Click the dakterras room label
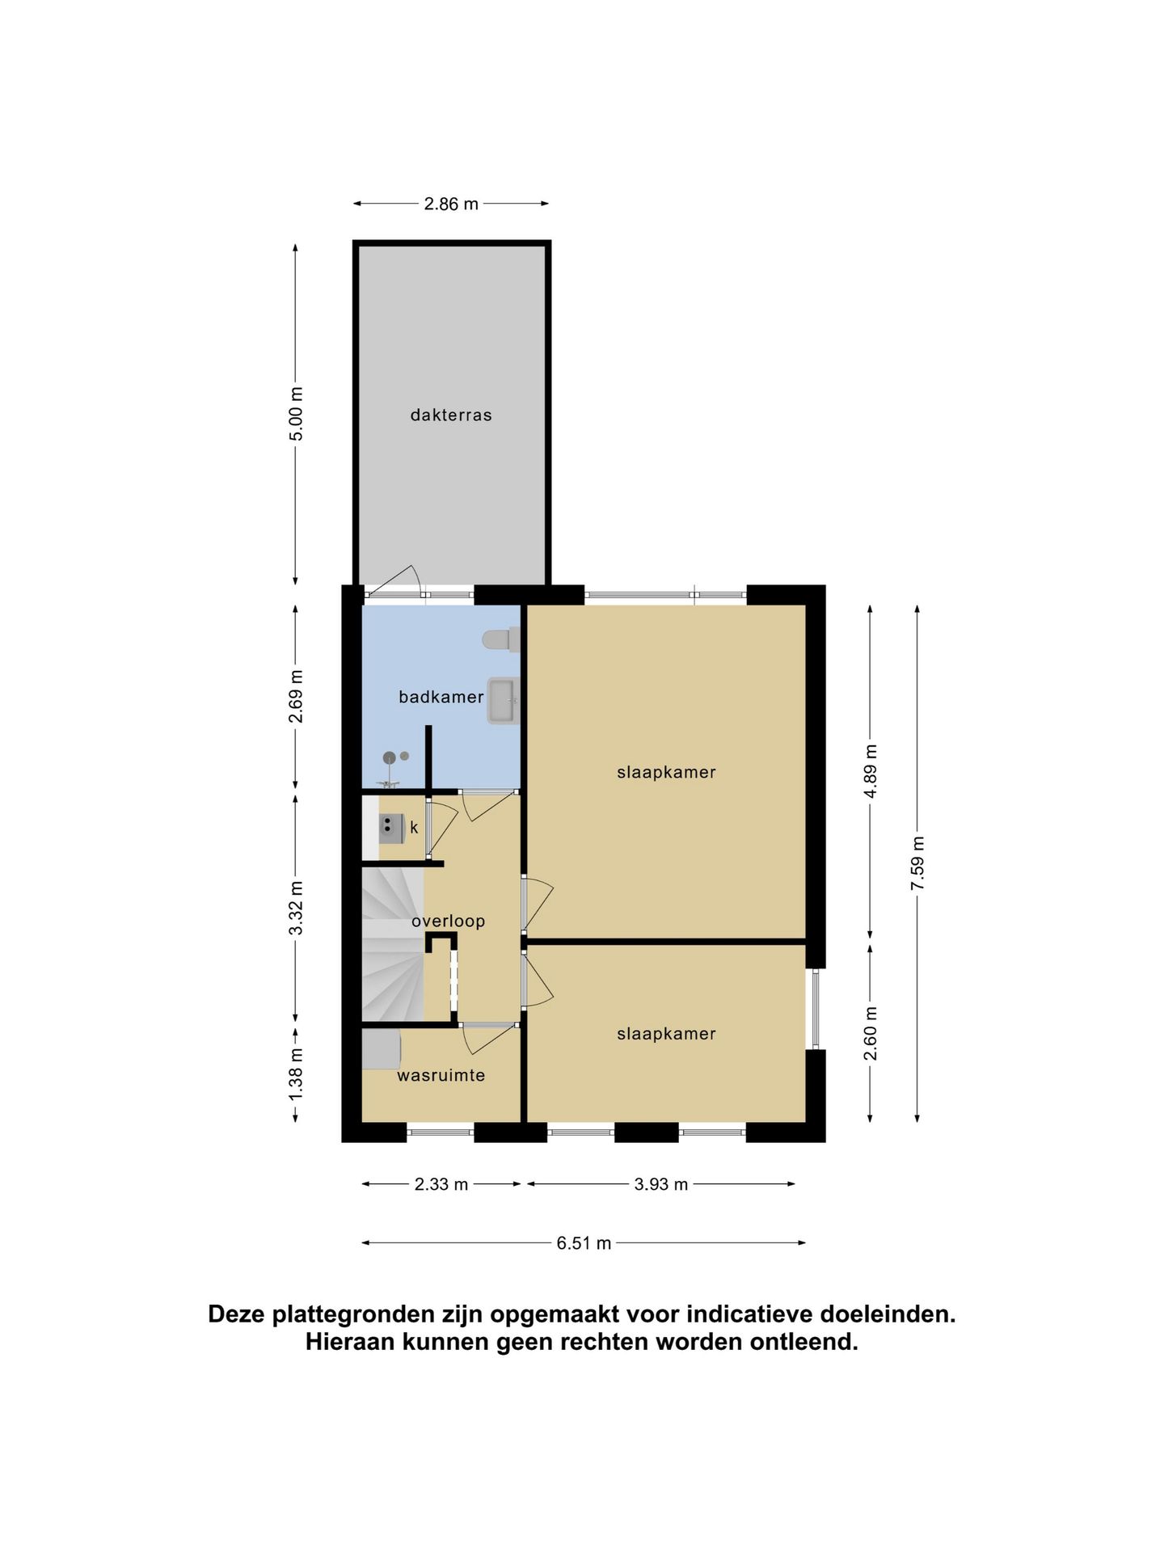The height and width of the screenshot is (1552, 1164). click(x=451, y=415)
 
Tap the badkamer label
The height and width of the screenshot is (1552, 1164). click(x=441, y=697)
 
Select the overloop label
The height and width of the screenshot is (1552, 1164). click(x=448, y=921)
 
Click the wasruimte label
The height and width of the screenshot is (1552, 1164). click(x=441, y=1076)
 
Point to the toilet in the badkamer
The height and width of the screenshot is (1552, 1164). click(x=501, y=640)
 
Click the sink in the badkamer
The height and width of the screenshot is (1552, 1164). click(x=503, y=702)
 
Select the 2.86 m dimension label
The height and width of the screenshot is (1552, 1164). click(x=451, y=205)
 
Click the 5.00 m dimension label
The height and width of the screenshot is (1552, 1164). click(x=297, y=413)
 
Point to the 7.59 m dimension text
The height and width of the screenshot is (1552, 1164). click(x=917, y=863)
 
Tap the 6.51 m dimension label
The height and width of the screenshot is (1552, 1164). click(x=584, y=1243)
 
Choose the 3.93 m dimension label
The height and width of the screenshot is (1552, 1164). click(x=661, y=1184)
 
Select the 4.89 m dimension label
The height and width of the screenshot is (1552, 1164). click(x=871, y=770)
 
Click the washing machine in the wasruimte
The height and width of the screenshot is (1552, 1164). click(x=382, y=1049)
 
